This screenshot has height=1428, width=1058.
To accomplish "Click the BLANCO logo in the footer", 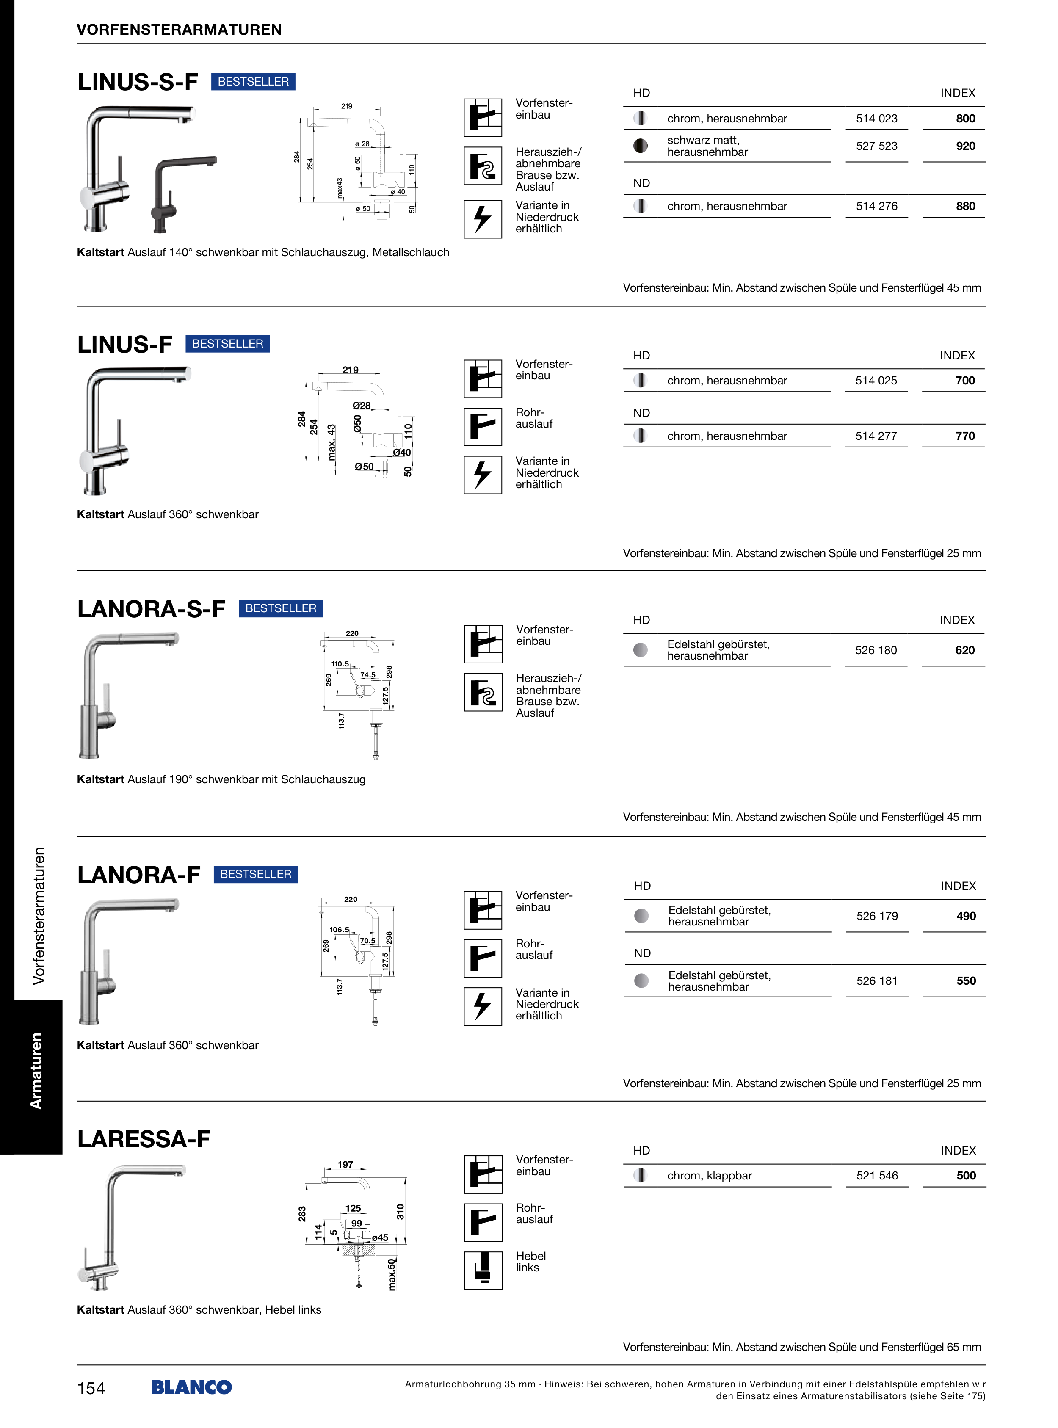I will (191, 1387).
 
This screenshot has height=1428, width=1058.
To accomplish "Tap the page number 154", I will (91, 1388).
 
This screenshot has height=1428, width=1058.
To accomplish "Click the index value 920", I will (965, 146).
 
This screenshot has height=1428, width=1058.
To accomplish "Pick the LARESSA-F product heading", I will (144, 1139).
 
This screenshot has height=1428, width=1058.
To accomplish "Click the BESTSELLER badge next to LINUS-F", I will (227, 344).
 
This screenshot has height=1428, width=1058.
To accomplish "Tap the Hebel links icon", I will (483, 1271).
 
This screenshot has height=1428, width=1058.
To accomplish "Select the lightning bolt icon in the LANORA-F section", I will (483, 1006).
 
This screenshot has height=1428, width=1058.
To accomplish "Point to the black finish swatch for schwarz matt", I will (641, 146).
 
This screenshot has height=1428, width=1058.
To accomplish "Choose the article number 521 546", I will (877, 1176).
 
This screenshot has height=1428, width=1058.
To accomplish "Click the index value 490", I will (966, 916).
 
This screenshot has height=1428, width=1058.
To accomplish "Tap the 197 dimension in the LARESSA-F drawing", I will (345, 1164).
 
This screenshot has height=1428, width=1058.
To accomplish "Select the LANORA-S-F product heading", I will (151, 609).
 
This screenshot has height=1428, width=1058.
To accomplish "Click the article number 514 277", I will (876, 436).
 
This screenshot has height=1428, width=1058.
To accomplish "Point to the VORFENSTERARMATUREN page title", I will (180, 30).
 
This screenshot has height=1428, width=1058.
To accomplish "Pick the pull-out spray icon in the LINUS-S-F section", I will (483, 166).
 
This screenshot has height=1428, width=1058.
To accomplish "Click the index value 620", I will (964, 651).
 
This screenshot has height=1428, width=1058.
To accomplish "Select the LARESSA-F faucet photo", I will (131, 1226).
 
